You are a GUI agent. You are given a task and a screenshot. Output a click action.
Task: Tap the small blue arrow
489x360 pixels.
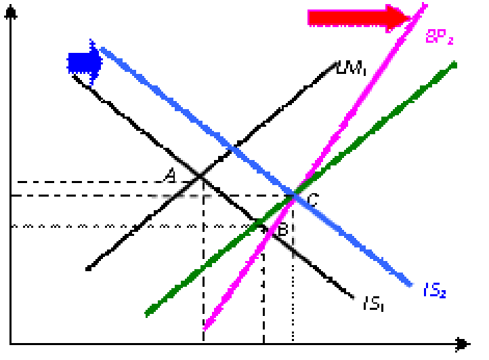pos(85,62)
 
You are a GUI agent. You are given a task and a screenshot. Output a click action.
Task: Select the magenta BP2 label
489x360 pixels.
pos(439,37)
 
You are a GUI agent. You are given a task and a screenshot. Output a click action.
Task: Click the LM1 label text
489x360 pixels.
pos(352,68)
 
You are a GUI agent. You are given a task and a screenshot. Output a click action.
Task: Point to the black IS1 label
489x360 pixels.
pos(374,304)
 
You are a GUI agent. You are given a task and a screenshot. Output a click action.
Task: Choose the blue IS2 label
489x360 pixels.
pos(435,291)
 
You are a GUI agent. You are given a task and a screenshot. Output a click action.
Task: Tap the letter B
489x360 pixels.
pos(284,231)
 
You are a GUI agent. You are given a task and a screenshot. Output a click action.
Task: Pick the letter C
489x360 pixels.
pos(313,200)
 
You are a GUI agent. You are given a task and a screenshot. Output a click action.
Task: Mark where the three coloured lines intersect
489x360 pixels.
pos(295,195)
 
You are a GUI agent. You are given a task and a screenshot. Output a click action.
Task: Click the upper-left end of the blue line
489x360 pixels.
pos(102,49)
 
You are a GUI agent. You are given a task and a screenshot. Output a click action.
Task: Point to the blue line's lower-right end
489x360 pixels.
pos(410,285)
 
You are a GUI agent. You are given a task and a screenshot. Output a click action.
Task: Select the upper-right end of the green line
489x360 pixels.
pos(455,64)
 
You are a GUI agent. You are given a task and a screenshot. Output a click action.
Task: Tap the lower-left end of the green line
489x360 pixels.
pos(147,314)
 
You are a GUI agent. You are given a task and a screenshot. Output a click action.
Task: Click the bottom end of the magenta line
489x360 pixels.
pos(205,329)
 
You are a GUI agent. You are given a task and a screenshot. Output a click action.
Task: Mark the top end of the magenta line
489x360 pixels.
pos(425,5)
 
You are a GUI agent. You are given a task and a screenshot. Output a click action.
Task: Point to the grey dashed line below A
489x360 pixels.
pos(179,196)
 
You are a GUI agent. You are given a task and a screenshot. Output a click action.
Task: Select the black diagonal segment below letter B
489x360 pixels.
pos(299,252)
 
